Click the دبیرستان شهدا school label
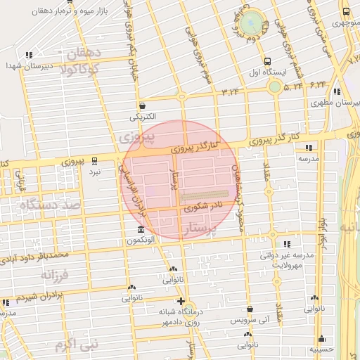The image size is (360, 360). pyautogui.click(x=29, y=65)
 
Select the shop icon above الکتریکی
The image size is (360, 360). pyautogui.click(x=142, y=105)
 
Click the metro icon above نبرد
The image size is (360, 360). pyautogui.click(x=95, y=160)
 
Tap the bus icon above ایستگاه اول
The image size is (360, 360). pyautogui.click(x=267, y=61)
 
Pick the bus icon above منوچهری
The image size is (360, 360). pyautogui.click(x=345, y=11)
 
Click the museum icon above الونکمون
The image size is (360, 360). pyautogui.click(x=141, y=230)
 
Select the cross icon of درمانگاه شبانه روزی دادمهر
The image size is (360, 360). pyautogui.click(x=181, y=301)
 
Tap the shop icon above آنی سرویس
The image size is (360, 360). pyautogui.click(x=250, y=309)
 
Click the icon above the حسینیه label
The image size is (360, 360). pyautogui.click(x=321, y=338)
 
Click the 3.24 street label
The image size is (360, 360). pyautogui.click(x=230, y=92)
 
